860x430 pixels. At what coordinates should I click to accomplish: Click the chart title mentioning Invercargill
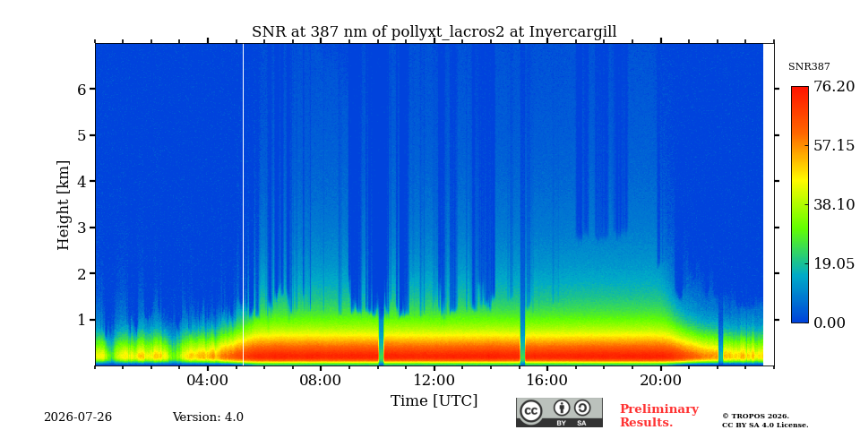tap(434, 32)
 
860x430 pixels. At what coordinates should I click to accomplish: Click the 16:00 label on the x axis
tap(547, 381)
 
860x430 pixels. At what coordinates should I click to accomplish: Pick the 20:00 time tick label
tap(661, 381)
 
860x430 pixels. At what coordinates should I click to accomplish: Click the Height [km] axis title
tap(64, 205)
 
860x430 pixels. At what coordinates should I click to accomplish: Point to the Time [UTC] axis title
tap(434, 401)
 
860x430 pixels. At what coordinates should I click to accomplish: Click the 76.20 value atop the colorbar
tap(834, 87)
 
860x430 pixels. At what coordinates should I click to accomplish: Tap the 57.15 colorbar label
tap(834, 145)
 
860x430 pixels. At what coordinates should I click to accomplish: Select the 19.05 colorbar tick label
tap(834, 263)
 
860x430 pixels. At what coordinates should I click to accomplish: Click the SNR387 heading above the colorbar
tap(809, 67)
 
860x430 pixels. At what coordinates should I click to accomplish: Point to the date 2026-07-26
tap(78, 417)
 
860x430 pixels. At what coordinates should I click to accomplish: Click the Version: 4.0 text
tap(208, 417)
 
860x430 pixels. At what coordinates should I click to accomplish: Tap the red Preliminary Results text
tap(659, 416)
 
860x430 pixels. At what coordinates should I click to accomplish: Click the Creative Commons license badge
tap(559, 412)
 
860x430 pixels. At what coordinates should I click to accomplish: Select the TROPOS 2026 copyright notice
tap(765, 421)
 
